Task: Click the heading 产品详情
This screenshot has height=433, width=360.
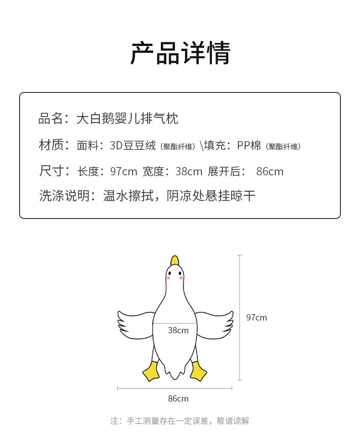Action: (x=180, y=53)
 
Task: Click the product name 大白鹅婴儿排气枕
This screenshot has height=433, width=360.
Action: (x=127, y=118)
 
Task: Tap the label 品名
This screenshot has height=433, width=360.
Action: (x=51, y=118)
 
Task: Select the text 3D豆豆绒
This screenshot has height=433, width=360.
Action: (x=133, y=145)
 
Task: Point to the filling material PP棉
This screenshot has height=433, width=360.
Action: (x=249, y=145)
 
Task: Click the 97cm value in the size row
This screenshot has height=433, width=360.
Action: (x=123, y=172)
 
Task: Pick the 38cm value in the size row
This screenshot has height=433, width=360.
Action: (x=189, y=172)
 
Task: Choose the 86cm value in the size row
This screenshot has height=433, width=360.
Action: (x=270, y=172)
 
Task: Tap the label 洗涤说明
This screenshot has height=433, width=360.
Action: (x=64, y=195)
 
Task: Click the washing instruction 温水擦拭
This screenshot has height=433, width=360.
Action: (x=128, y=195)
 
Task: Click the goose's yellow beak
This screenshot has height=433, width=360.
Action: (x=175, y=261)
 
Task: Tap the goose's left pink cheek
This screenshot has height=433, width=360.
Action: (x=168, y=278)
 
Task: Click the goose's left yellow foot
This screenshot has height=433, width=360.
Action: (x=151, y=371)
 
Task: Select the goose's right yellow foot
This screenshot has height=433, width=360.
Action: (x=198, y=371)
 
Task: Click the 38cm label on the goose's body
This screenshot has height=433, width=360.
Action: (x=178, y=330)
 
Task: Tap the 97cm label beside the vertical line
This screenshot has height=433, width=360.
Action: (x=257, y=317)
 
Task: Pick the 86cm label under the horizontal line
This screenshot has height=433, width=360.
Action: (x=178, y=398)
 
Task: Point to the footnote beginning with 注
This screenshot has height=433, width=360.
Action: (x=180, y=421)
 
